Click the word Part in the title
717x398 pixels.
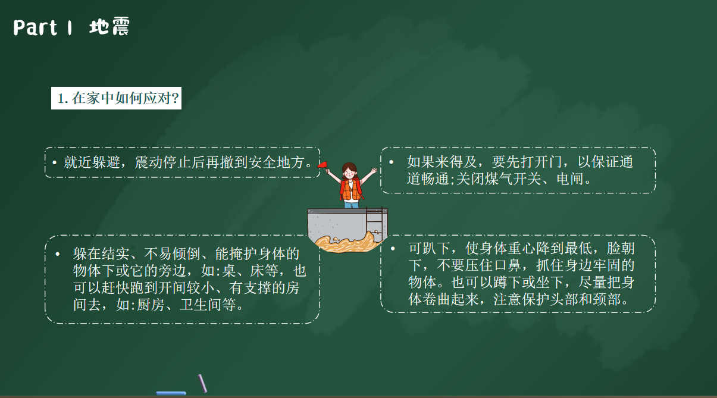pos(35,27)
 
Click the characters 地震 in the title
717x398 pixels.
pos(109,27)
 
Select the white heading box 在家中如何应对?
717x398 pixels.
pos(116,98)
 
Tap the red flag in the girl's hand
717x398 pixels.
pos(323,165)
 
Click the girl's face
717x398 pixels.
pos(349,174)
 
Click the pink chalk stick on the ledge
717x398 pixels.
pos(202,383)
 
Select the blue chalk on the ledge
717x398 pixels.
pos(171,393)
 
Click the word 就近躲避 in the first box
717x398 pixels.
pos(92,162)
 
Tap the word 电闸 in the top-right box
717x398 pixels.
pos(570,179)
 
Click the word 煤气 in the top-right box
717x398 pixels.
pos(499,179)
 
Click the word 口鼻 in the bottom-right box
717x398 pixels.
pos(508,265)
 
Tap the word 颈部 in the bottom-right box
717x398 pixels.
pos(606,300)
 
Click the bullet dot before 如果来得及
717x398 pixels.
pos(391,162)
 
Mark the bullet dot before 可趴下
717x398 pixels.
pos(393,248)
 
